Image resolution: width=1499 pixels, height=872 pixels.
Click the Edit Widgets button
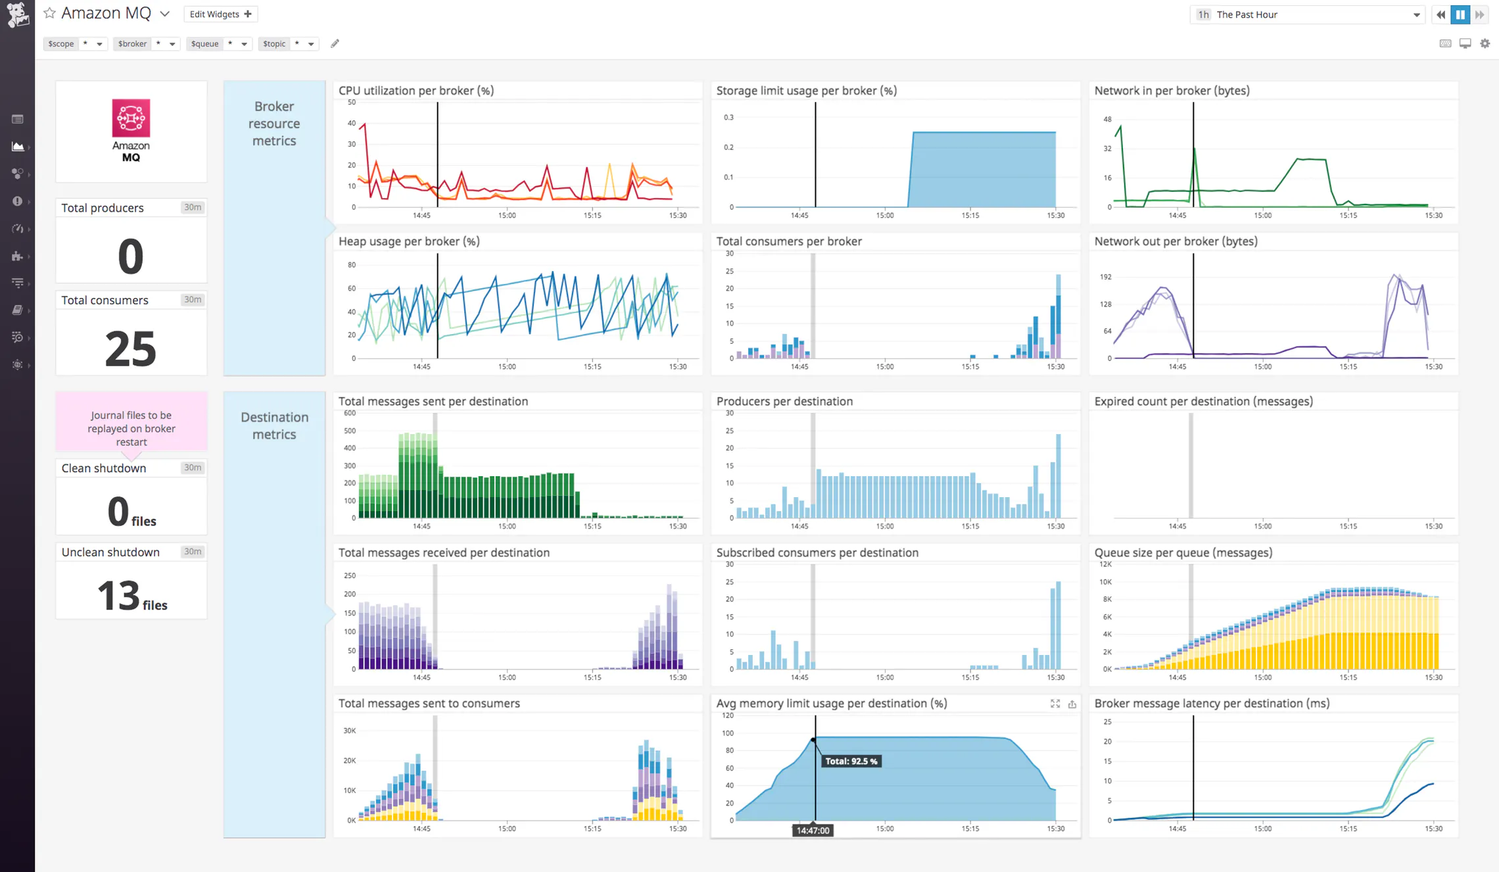coord(220,14)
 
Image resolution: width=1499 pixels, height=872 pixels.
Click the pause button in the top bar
coord(1460,14)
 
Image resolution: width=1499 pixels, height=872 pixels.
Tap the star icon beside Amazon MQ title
coord(49,13)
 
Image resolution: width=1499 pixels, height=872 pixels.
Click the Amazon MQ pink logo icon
coord(131,118)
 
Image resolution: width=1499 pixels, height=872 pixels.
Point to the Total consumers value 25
coord(131,349)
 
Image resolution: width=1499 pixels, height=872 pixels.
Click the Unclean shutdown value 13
coord(119,596)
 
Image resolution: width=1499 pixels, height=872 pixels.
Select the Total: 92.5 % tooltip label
coord(851,761)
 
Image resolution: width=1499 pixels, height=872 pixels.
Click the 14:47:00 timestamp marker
coord(813,831)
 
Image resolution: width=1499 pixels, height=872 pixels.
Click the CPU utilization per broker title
coord(416,91)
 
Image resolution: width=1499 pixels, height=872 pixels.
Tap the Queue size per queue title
coord(1183,552)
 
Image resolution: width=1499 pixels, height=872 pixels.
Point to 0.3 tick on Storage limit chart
coord(728,118)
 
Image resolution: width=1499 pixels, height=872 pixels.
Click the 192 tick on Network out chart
coord(1105,277)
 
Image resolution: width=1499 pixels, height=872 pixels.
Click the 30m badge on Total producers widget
coord(192,207)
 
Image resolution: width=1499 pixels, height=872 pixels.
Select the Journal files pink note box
coord(131,427)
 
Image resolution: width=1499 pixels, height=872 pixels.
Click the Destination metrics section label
coord(274,425)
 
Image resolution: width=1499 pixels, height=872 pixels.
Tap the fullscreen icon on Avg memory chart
coord(1055,704)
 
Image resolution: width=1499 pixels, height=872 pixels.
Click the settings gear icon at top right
coord(1485,43)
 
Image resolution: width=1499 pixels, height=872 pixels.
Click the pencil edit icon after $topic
coord(335,43)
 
